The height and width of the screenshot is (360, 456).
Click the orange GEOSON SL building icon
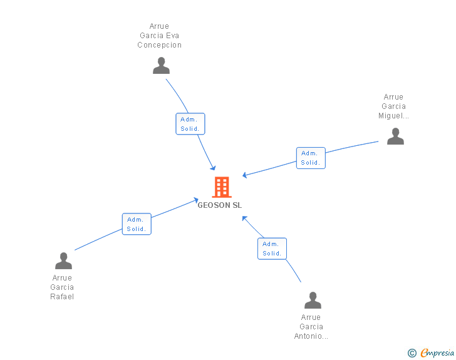coord(222,187)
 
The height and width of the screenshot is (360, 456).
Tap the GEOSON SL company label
coord(220,205)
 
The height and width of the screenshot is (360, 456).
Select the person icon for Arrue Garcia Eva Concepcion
coord(161,66)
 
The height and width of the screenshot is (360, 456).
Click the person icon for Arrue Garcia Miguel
coord(395,136)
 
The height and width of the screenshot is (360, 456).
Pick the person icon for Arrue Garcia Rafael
coord(63,261)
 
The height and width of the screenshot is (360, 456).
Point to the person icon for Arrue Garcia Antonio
coord(313,301)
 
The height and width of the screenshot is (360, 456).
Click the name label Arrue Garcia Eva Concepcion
coord(160,36)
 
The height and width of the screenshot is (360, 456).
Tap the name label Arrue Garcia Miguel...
coord(394,106)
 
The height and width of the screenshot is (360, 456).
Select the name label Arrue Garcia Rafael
coord(62,287)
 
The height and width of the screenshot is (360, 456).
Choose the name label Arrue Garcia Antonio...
coord(311,327)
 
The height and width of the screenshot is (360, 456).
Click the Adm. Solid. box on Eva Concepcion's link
coord(190,124)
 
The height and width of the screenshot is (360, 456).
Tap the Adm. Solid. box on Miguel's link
coord(311,158)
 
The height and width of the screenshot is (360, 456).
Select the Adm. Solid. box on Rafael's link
coord(137,224)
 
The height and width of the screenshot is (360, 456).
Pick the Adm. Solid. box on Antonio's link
coord(272,249)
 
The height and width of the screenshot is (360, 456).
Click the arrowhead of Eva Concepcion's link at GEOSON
coord(214,168)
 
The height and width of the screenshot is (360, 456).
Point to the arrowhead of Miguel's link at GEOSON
coord(245,175)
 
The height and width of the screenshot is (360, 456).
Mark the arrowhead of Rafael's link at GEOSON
coord(196,200)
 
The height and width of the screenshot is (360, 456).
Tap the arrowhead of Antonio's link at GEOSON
coord(244,218)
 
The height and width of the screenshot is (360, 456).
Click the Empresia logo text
coord(437,353)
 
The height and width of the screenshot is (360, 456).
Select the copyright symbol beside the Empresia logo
coord(412,354)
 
